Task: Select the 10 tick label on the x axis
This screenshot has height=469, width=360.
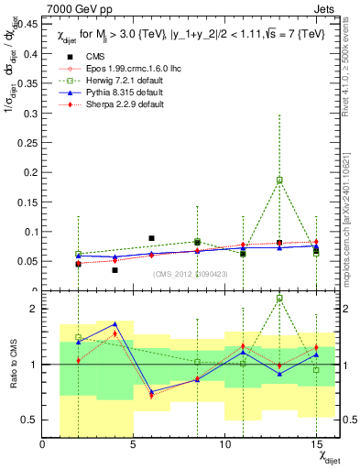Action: click(x=225, y=445)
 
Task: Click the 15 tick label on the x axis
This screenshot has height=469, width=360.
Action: click(x=316, y=445)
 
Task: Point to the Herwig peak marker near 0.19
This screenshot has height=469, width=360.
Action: click(x=279, y=180)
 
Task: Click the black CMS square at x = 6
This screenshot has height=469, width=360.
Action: click(x=152, y=238)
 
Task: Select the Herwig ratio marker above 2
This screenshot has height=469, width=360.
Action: click(x=279, y=298)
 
